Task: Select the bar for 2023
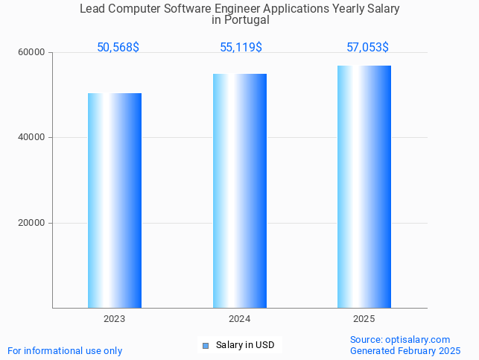115,200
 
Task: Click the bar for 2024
239,191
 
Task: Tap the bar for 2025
364,186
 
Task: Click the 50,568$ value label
118,48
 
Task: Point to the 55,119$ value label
241,48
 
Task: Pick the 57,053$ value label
367,48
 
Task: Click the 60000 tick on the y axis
32,53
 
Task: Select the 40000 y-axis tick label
32,138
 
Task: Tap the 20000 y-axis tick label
32,223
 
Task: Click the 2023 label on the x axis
115,319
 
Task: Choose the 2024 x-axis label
239,319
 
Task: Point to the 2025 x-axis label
364,319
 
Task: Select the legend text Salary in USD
245,345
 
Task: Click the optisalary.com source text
400,340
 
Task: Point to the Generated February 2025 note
405,350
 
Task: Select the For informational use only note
65,350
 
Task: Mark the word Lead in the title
92,9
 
